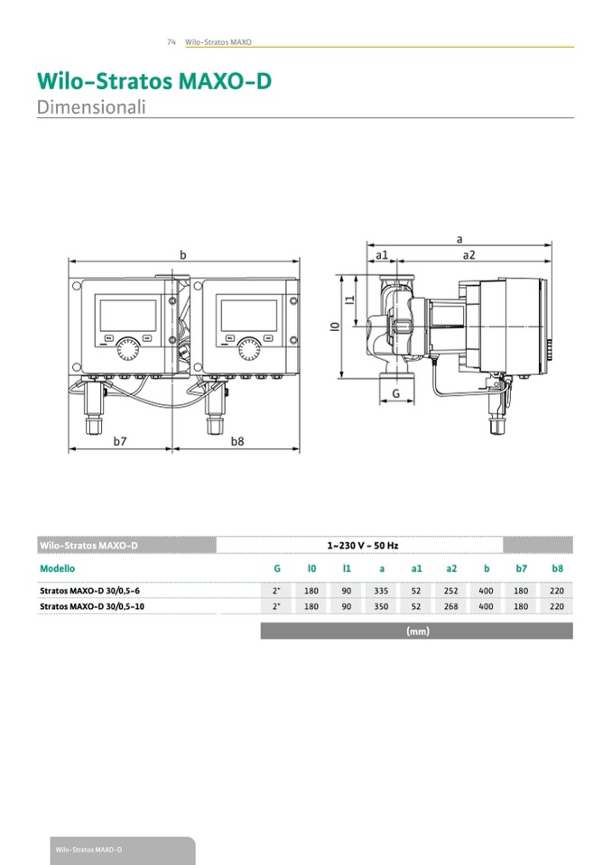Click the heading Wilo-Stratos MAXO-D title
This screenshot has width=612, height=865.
coord(154,81)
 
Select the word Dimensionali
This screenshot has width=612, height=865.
coord(91,107)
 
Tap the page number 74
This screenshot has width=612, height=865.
coord(172,41)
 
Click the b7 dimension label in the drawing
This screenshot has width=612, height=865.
coord(120,441)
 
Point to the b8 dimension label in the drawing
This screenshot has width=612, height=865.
coord(237,441)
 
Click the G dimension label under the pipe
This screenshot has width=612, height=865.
coord(395,393)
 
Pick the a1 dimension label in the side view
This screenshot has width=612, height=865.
coord(382,255)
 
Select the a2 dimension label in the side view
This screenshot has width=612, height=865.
coord(468,255)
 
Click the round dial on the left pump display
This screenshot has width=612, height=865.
coord(127,349)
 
